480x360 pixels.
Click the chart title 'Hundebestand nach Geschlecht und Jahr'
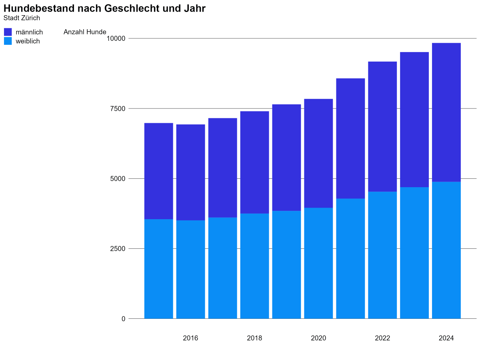[x=104, y=8]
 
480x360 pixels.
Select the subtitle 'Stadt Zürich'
[x=22, y=18]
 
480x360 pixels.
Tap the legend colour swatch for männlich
[x=8, y=32]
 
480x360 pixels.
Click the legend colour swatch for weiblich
[x=8, y=41]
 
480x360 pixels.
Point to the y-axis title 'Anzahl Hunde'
[x=85, y=32]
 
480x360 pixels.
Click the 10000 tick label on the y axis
[x=116, y=38]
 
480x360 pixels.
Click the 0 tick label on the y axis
[x=123, y=319]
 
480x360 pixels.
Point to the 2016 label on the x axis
[x=190, y=338]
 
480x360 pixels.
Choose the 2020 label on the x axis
[x=318, y=338]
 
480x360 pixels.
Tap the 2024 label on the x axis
[x=446, y=338]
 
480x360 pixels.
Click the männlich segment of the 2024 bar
[x=446, y=112]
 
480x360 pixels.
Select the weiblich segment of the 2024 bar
[x=446, y=250]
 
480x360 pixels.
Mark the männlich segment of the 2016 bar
[x=190, y=172]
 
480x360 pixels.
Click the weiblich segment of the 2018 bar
[x=254, y=266]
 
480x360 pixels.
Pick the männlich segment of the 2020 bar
[x=318, y=153]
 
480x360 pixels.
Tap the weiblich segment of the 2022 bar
[x=382, y=255]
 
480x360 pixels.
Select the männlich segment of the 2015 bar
[x=158, y=171]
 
